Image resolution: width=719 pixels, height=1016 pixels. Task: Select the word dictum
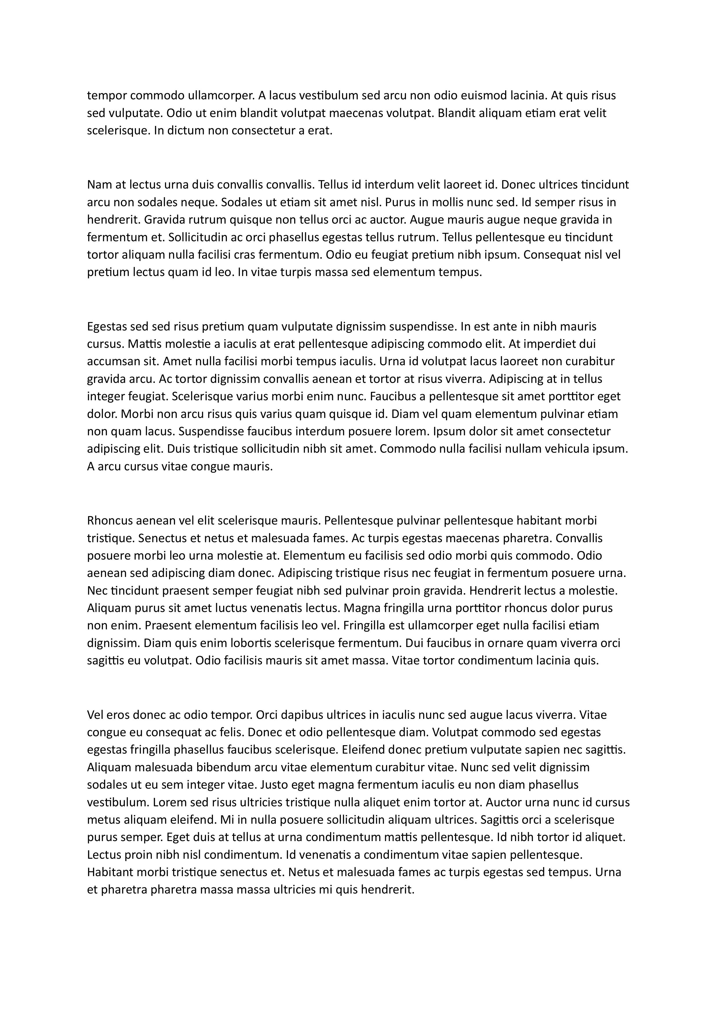[185, 131]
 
